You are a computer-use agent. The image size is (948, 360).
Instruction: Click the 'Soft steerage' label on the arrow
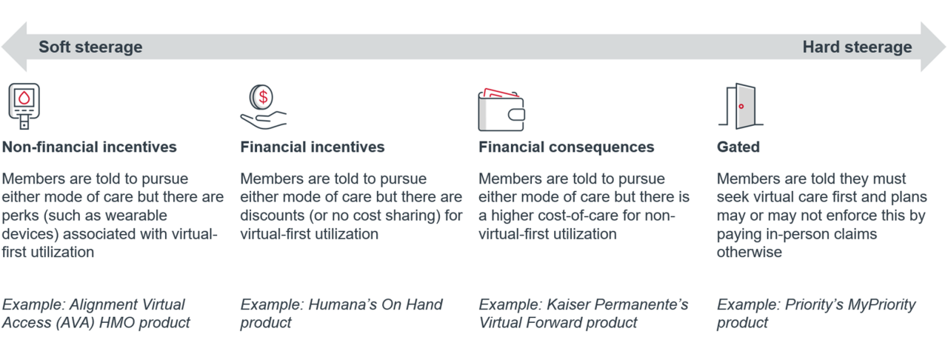(x=90, y=47)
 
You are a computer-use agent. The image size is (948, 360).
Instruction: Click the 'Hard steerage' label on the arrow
(x=857, y=47)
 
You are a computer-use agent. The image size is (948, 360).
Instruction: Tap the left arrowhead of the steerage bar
(x=14, y=47)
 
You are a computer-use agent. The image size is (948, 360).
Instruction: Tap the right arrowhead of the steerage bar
(x=933, y=47)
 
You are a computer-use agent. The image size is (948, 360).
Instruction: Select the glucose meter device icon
(x=24, y=106)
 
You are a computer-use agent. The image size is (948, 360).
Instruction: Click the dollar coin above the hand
(x=261, y=97)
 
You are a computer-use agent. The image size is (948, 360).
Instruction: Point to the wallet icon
(x=501, y=110)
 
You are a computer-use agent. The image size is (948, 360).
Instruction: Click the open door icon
(x=741, y=106)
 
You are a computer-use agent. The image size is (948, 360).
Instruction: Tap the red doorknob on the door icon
(x=741, y=107)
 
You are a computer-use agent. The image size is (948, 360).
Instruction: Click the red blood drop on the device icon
(x=24, y=98)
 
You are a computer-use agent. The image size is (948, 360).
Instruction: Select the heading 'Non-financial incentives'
(x=90, y=147)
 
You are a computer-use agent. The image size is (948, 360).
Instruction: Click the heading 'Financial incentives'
(x=313, y=147)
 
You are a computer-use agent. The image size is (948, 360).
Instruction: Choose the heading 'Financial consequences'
(x=567, y=147)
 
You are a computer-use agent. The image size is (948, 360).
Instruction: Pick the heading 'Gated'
(x=738, y=147)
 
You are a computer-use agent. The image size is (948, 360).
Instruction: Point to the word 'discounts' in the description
(x=272, y=215)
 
